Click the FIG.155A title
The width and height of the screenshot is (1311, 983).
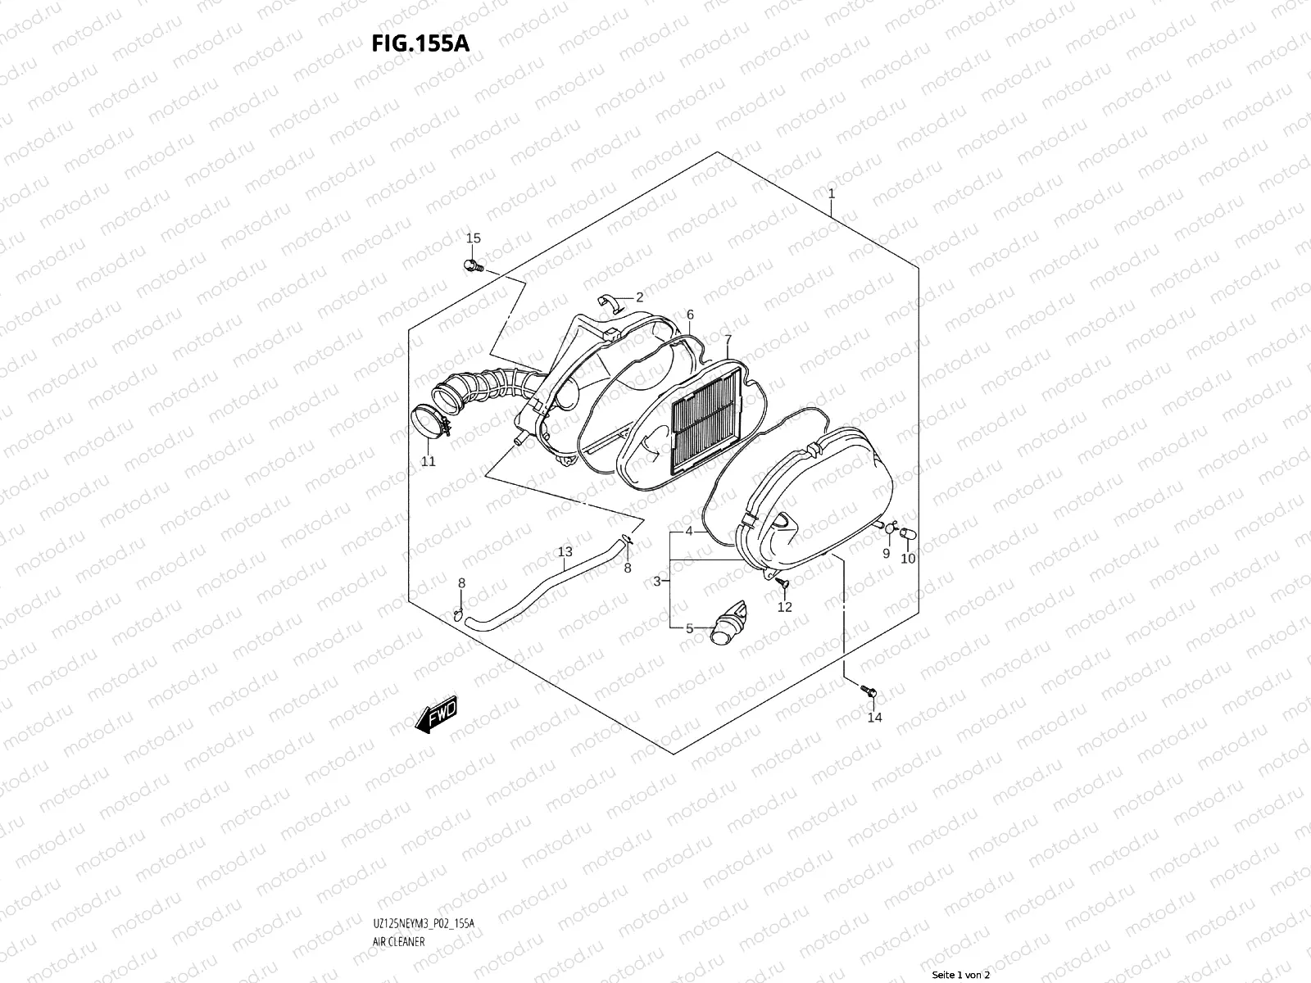(x=421, y=43)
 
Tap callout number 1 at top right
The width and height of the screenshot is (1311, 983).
(x=831, y=194)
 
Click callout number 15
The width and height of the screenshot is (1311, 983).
(x=473, y=238)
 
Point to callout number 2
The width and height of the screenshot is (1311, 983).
(x=639, y=297)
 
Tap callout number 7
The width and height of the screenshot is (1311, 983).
(x=727, y=338)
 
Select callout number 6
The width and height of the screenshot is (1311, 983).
(x=690, y=315)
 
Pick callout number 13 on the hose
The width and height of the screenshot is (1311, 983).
(x=565, y=551)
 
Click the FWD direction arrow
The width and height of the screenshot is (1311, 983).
(x=437, y=715)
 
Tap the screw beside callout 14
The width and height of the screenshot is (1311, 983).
(x=870, y=692)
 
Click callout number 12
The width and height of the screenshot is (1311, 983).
(x=784, y=607)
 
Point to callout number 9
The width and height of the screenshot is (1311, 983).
(x=886, y=554)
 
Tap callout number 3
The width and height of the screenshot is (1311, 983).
(x=656, y=581)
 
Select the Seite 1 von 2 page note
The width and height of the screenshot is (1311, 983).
(x=961, y=975)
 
